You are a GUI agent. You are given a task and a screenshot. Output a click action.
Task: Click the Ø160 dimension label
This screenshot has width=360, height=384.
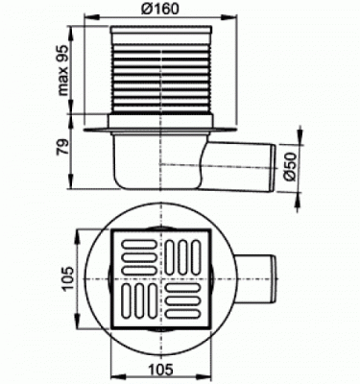coord(160,9)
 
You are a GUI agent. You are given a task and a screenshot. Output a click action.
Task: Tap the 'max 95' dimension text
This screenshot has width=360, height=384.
coord(63,70)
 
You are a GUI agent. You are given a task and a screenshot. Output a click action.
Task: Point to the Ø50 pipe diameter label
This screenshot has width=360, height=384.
coord(291,167)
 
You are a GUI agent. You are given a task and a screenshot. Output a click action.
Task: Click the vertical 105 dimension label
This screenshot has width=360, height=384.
coord(68,278)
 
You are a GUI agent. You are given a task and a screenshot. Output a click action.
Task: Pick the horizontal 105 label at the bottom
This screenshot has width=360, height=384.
coord(161,369)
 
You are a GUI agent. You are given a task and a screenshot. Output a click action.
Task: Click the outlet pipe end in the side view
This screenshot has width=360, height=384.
coord(274,168)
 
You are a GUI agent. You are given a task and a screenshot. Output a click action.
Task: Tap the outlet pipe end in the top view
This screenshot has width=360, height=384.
coord(273,279)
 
